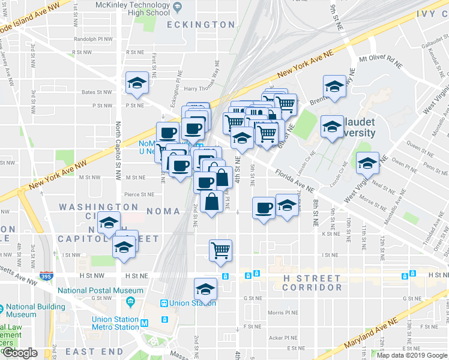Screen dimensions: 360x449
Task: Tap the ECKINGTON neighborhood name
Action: point(192,25)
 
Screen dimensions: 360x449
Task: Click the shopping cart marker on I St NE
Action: point(220,250)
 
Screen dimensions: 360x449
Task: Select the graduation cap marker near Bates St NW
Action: point(137,83)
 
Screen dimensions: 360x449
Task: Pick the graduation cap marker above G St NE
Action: point(205,289)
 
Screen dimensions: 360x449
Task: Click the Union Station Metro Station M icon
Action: point(144,323)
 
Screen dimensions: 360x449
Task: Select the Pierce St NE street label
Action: point(139,194)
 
